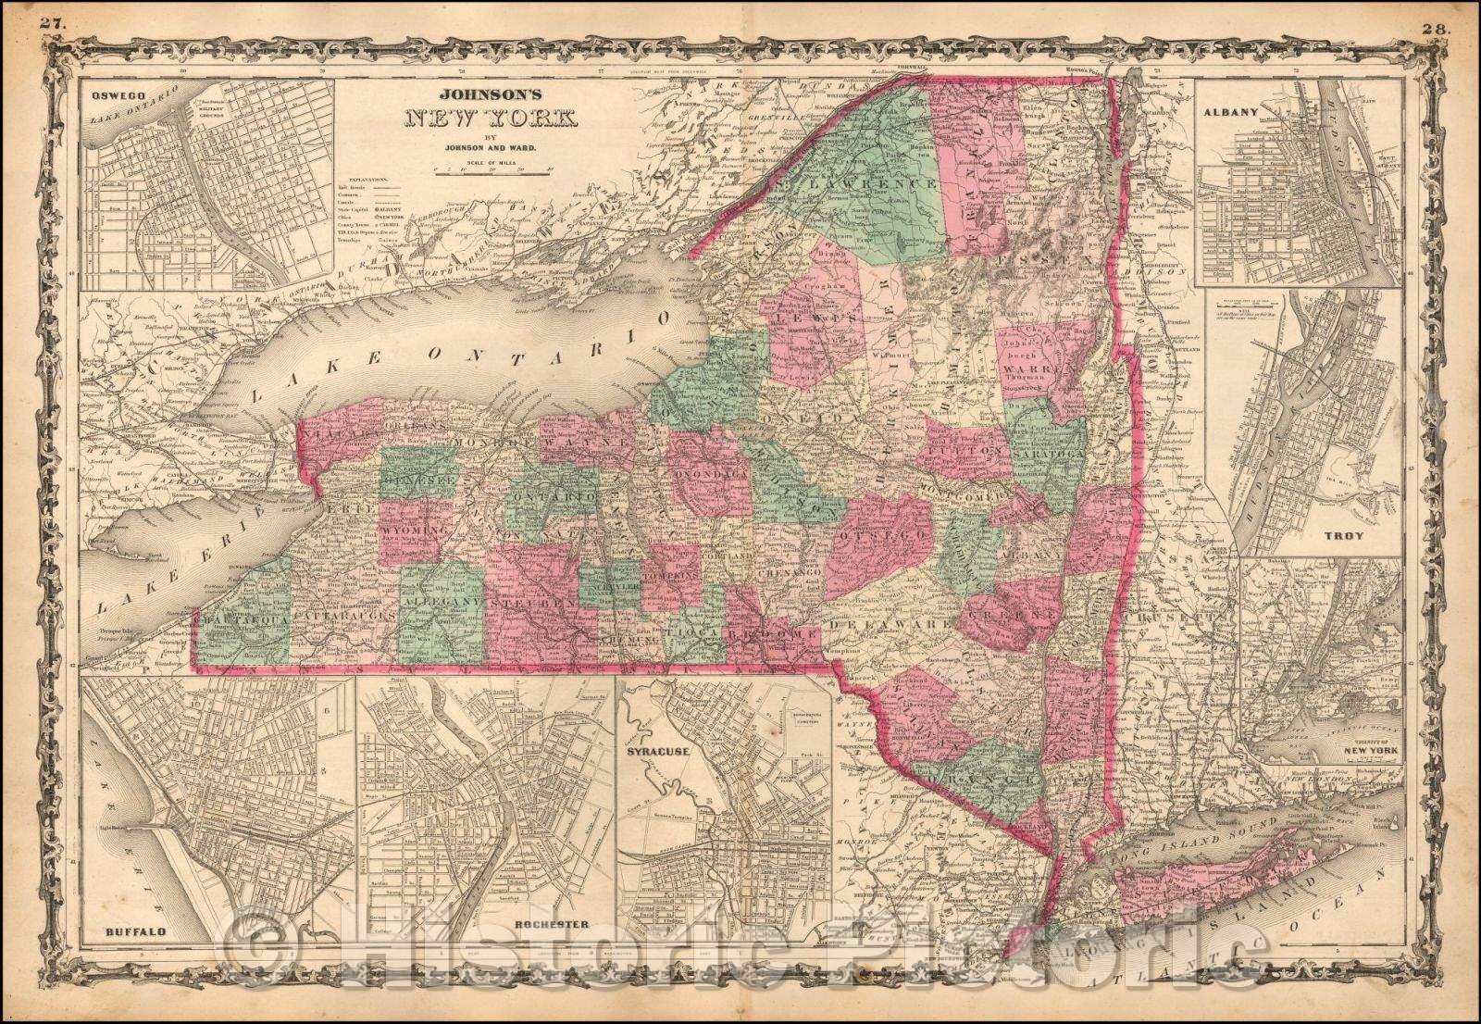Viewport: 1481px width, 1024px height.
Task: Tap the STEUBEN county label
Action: coord(541,604)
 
